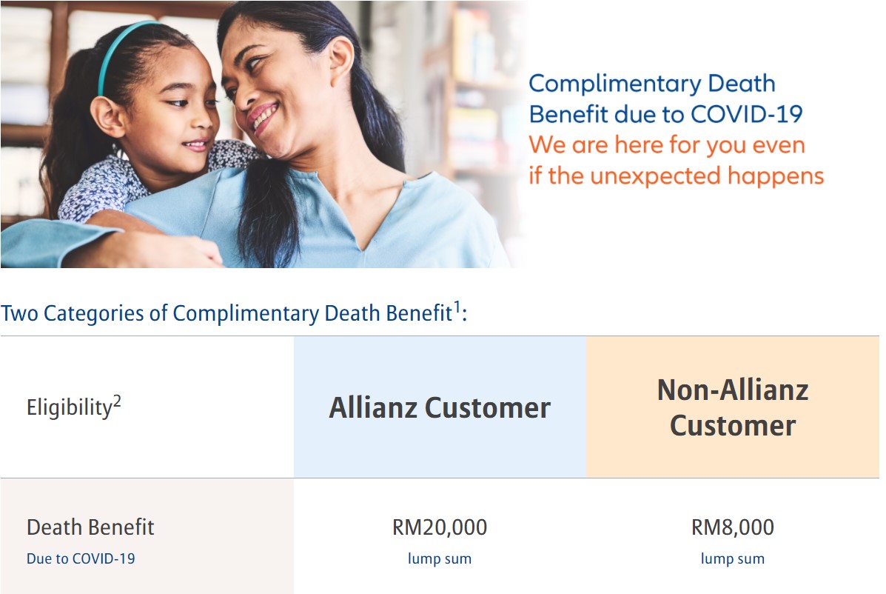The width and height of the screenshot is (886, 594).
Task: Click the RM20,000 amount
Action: (x=440, y=527)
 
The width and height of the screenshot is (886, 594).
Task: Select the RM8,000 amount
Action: (x=732, y=527)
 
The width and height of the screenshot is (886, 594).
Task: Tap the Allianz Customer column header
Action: (x=440, y=407)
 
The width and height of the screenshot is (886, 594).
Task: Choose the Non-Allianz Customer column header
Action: (x=733, y=407)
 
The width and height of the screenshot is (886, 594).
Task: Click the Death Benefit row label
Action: (x=90, y=527)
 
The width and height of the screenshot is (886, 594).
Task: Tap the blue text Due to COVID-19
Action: (x=81, y=558)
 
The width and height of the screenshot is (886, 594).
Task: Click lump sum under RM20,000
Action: (x=440, y=558)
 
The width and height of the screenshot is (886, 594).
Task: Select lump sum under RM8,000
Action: (x=732, y=558)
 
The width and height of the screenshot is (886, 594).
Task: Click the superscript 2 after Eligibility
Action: (x=117, y=401)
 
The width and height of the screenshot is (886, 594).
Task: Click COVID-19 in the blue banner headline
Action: (x=746, y=114)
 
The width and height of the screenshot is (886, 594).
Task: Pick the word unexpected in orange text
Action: (x=656, y=176)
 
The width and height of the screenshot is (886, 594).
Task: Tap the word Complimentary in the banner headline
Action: (x=615, y=84)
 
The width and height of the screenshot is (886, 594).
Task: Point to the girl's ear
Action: (x=107, y=116)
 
